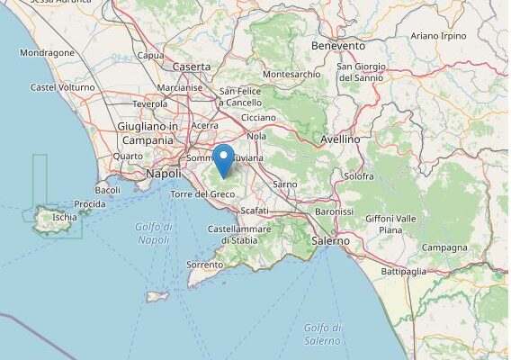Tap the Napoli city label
[x=163, y=173]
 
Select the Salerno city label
[x=329, y=241]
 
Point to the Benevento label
[x=338, y=45]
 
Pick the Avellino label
[x=340, y=139]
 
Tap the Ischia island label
[x=65, y=217]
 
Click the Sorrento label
[x=204, y=265]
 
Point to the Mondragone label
[x=47, y=52]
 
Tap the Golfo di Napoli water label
[x=153, y=233]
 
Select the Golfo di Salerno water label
[x=322, y=334]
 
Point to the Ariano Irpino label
[x=438, y=35]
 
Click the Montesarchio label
[x=291, y=74]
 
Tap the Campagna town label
[x=444, y=247]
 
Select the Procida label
[x=90, y=204]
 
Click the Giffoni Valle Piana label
[x=390, y=224]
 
